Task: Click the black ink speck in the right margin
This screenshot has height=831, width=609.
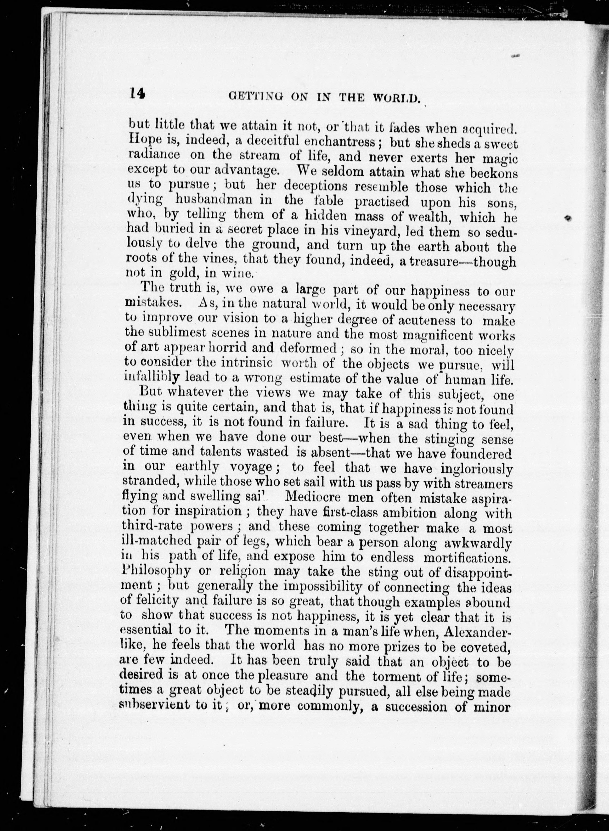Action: (569, 218)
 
